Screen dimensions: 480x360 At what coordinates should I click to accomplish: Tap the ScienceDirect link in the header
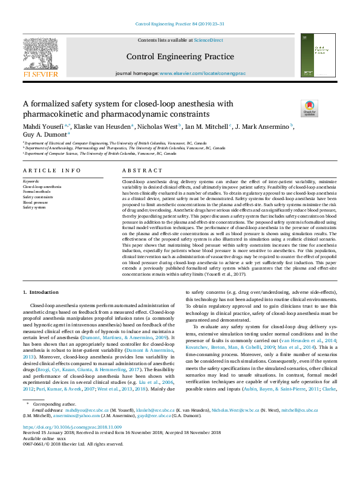208,40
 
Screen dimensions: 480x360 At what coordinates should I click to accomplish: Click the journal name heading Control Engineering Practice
180,57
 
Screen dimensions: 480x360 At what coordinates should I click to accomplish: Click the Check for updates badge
309,108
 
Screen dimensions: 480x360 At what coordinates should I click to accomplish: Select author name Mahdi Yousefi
43,126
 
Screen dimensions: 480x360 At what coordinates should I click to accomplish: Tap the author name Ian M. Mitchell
205,126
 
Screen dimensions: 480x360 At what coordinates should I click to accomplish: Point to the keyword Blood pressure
36,202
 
